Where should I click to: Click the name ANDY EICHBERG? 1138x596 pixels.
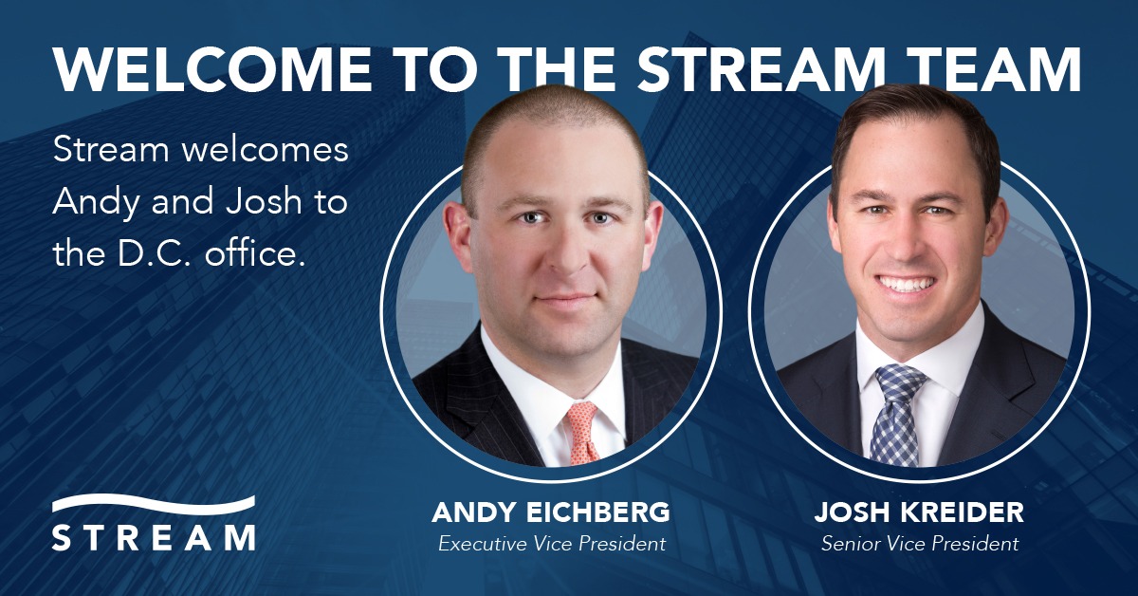click(x=551, y=513)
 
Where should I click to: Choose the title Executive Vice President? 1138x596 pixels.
click(x=551, y=544)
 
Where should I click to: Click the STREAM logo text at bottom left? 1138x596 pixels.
click(x=154, y=536)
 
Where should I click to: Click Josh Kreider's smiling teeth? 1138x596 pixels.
click(x=908, y=283)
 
